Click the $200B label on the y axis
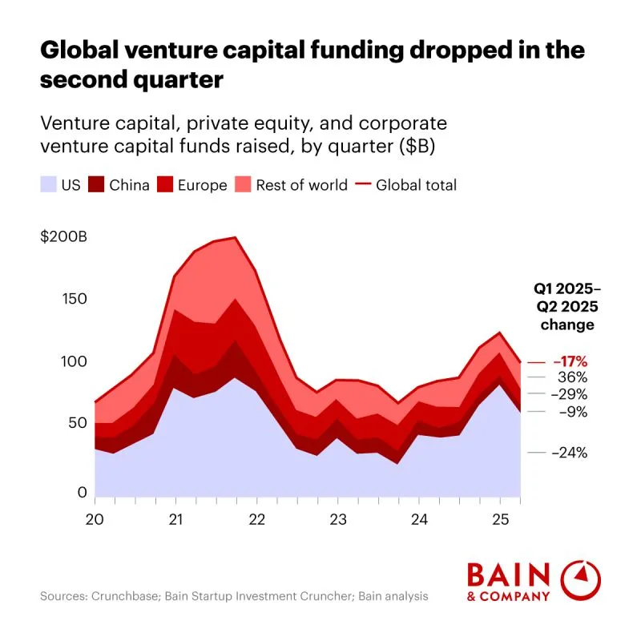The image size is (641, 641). coord(63,237)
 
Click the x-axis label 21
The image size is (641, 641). coord(176,518)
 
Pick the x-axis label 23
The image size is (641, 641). coord(338,518)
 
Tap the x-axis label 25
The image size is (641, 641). coord(500,518)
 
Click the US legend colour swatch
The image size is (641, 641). coord(49,185)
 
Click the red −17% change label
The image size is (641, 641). coord(570,361)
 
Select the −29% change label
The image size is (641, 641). coord(570,394)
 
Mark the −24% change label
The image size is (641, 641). coord(570,452)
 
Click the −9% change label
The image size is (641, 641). coord(572,412)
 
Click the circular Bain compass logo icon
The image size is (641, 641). coord(582,580)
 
